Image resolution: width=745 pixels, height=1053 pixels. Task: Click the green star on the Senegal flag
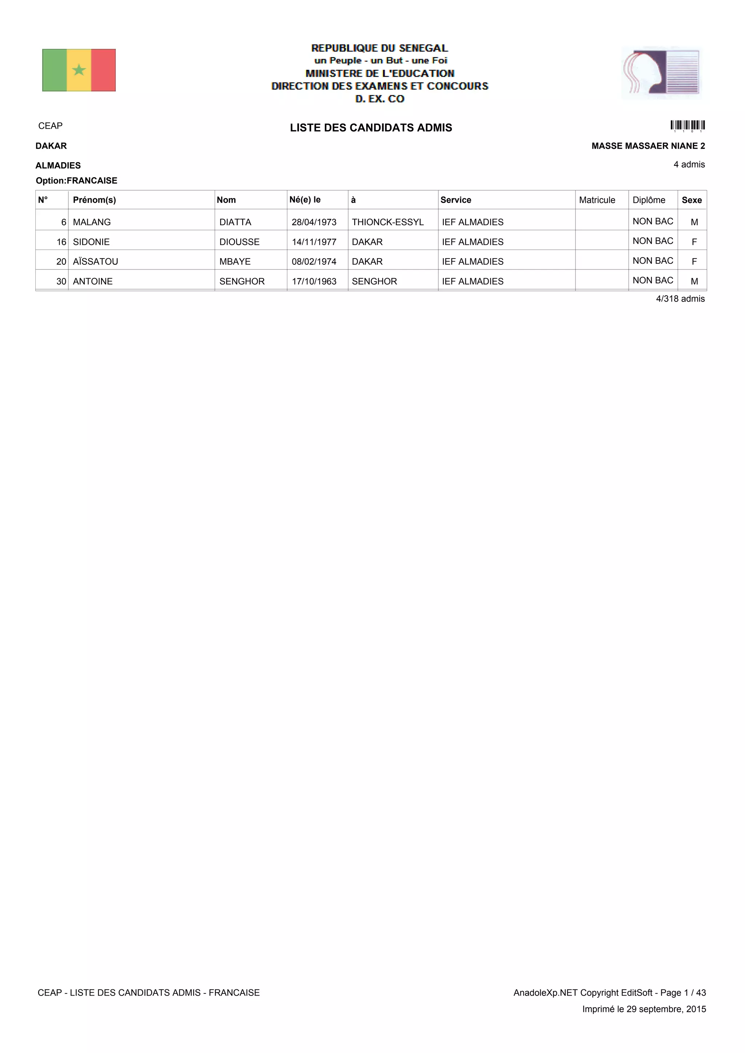click(79, 70)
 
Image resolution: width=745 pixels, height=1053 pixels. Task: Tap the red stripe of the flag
click(103, 70)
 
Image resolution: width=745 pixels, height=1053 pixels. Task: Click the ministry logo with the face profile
click(661, 72)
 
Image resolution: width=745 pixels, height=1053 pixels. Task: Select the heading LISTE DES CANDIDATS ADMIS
click(371, 128)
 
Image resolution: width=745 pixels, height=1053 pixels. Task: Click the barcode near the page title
click(687, 125)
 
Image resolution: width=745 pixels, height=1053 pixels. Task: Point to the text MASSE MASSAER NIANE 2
click(648, 146)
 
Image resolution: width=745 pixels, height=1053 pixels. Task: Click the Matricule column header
click(597, 200)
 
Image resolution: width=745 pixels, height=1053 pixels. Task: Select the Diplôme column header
click(649, 200)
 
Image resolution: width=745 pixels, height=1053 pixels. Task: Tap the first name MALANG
click(92, 222)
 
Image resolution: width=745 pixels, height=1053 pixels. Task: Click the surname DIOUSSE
click(239, 242)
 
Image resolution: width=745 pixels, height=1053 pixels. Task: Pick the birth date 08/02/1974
click(314, 262)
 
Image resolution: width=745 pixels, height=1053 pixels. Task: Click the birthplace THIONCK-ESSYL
click(388, 222)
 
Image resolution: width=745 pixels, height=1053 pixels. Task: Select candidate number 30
click(61, 281)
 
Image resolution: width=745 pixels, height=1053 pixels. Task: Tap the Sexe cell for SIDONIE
click(694, 242)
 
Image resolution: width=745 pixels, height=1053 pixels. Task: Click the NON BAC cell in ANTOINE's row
click(652, 280)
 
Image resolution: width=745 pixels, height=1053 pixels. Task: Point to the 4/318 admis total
click(680, 299)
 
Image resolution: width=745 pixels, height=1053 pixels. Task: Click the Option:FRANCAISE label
click(77, 181)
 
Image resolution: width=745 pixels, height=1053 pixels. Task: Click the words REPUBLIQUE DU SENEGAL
click(379, 48)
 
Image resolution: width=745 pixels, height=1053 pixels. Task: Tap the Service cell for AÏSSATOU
click(473, 262)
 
